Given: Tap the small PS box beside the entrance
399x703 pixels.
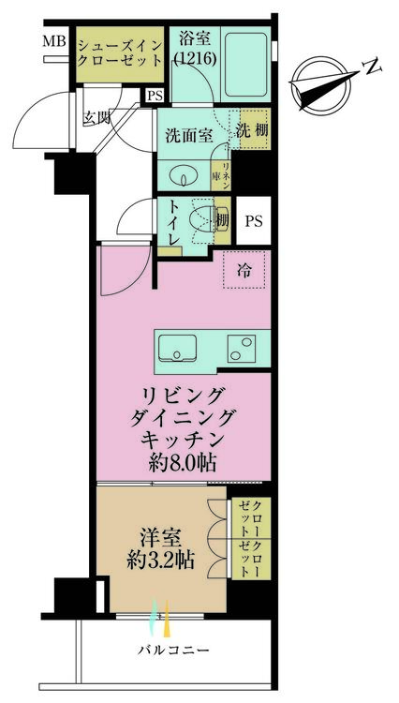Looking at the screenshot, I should [x=154, y=95].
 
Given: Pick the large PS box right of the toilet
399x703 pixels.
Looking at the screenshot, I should [x=252, y=221].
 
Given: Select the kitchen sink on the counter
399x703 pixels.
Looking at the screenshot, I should [x=179, y=349].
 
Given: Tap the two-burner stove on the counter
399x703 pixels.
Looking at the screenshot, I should [x=244, y=349].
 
